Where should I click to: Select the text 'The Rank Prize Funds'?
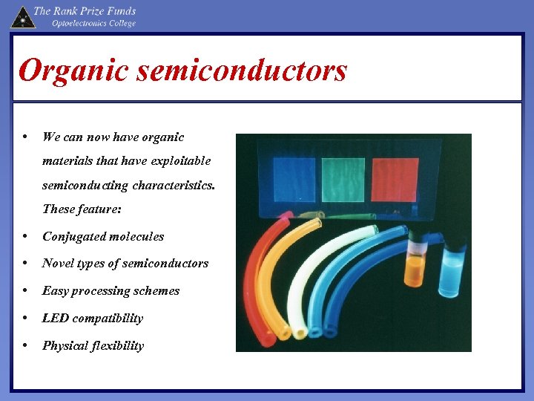85,10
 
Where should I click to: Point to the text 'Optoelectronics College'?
93,23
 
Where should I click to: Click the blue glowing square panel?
294,178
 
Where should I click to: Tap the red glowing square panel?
395,179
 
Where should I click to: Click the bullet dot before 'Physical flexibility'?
26,345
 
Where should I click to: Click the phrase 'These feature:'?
82,209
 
